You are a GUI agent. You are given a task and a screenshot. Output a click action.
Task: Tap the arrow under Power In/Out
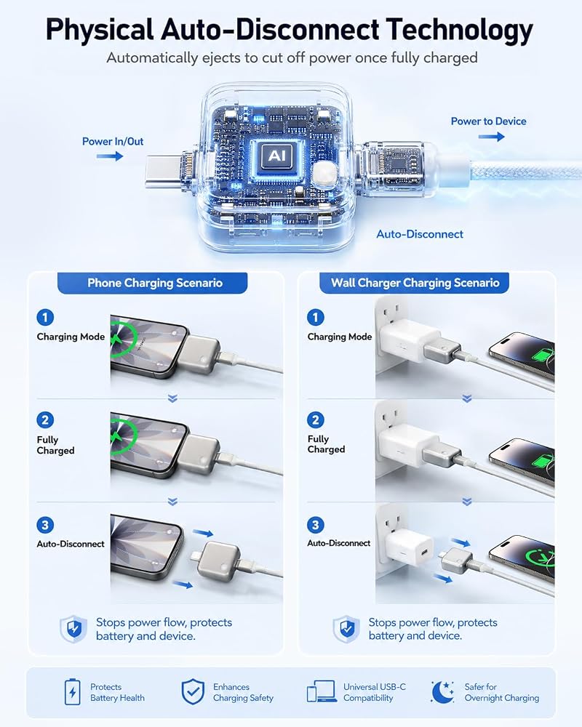coord(110,156)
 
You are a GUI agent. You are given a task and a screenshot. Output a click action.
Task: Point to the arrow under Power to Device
coord(492,137)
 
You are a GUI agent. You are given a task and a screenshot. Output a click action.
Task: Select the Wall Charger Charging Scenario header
coord(415,283)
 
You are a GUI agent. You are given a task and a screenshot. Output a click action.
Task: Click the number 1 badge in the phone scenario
coord(45,318)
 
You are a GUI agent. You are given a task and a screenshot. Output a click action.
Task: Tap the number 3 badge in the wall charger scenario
coord(316,525)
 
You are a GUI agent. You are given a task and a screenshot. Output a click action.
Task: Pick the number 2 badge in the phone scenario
coord(45,420)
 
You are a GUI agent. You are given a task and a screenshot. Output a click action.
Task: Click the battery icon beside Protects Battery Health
coord(72,692)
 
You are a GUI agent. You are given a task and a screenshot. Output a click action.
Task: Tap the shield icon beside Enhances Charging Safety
coord(193,692)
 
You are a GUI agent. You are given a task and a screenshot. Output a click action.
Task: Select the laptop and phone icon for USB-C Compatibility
coord(322,691)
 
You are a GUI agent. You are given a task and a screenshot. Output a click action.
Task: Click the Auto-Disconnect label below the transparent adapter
coord(420,234)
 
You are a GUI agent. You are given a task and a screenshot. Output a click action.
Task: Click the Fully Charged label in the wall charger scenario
coord(326,443)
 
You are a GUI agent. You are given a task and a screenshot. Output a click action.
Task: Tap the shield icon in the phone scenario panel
coord(73,629)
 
